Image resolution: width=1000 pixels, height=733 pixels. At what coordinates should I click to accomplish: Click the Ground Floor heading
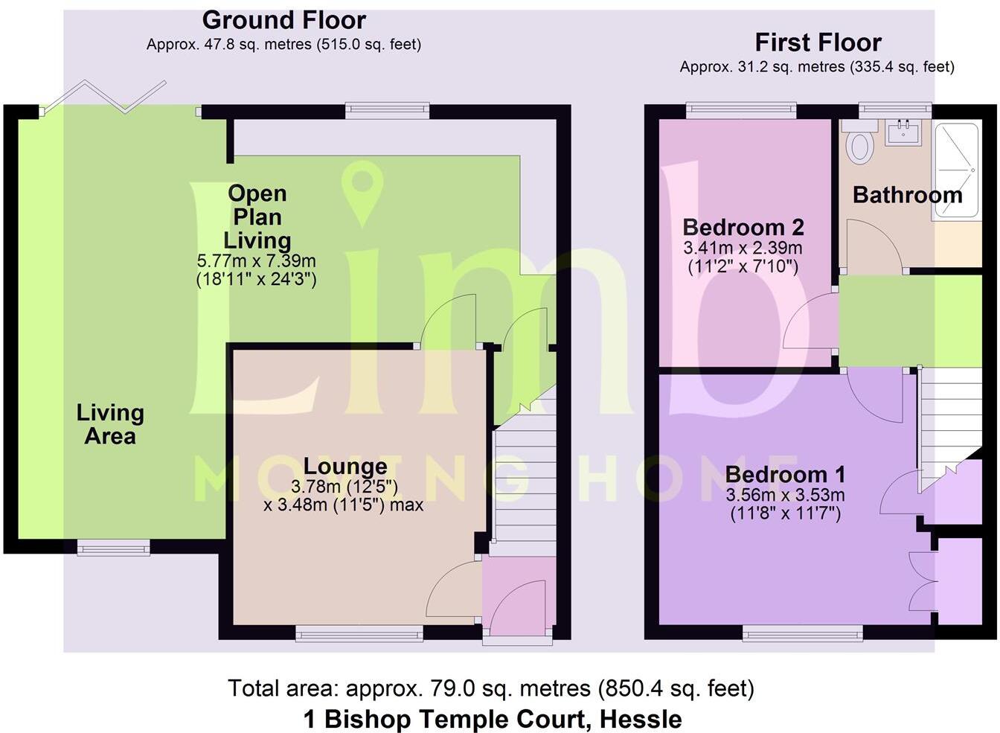click(x=283, y=20)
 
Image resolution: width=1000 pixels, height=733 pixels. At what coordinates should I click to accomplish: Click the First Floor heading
click(x=818, y=42)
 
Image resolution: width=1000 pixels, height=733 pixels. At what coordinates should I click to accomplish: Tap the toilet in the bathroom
click(x=861, y=144)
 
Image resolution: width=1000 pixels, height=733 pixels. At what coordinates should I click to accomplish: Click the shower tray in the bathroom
click(x=956, y=170)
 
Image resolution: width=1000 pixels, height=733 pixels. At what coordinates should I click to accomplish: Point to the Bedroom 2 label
click(x=743, y=227)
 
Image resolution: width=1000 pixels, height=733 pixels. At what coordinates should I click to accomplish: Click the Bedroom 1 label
click(x=786, y=474)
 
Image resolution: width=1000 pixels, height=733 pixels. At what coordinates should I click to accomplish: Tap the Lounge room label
click(x=345, y=467)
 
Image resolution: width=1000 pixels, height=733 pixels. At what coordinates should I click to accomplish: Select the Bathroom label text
click(x=907, y=195)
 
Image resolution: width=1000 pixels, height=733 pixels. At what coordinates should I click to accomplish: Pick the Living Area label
click(x=110, y=423)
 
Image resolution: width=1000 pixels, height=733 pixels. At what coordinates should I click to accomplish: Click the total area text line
click(x=491, y=688)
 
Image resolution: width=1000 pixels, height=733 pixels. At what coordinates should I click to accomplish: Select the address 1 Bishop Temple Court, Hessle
click(x=493, y=719)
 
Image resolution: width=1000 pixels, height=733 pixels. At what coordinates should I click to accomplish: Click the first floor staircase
click(x=949, y=417)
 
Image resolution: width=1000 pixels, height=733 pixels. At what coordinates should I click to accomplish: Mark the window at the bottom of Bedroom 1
click(x=802, y=633)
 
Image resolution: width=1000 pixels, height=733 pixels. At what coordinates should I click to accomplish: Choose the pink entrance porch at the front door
click(x=519, y=595)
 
